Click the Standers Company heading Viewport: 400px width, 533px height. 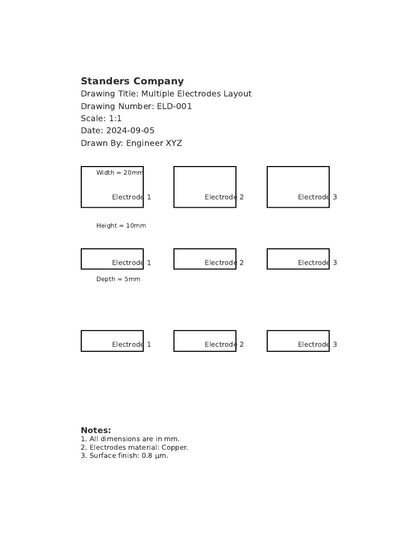(x=132, y=81)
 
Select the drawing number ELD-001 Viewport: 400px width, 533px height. (x=174, y=106)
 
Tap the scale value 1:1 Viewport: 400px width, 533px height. (x=115, y=119)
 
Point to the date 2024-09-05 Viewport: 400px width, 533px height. (x=130, y=131)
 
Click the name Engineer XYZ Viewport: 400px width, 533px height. (x=154, y=143)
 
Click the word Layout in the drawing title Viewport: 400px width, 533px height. (x=238, y=94)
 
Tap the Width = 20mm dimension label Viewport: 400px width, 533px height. (x=120, y=173)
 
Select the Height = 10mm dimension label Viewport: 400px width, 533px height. (x=121, y=226)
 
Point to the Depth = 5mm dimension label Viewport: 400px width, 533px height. (x=118, y=280)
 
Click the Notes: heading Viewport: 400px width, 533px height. (x=96, y=430)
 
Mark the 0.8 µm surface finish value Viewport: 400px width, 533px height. (x=154, y=456)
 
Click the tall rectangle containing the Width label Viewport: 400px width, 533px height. (x=112, y=186)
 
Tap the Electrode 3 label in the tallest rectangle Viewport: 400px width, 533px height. (x=317, y=197)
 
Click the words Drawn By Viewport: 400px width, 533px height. (x=102, y=143)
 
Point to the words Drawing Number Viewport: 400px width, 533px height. (x=117, y=106)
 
